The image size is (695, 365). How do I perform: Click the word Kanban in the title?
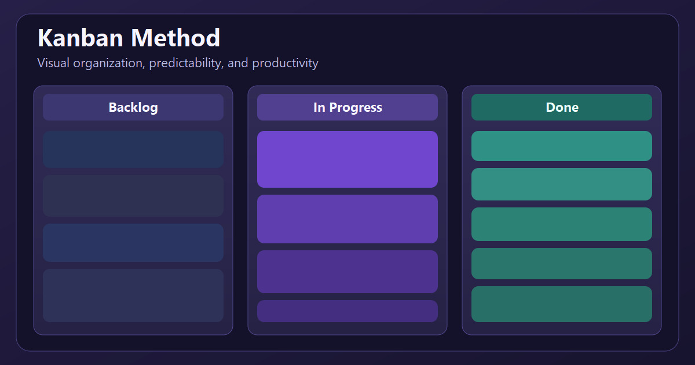pos(81,38)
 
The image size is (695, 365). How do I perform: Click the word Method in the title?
pos(175,38)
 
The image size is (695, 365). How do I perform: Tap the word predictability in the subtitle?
pos(186,63)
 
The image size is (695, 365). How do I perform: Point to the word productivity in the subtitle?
pos(285,63)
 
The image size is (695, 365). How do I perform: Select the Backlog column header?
pos(133,107)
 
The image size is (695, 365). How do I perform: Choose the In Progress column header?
pos(348,107)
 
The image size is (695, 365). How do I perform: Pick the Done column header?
pos(562,107)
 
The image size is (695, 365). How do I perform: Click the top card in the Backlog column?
pos(133,149)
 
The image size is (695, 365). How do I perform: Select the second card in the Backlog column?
pos(133,196)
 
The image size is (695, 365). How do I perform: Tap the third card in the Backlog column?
pos(133,243)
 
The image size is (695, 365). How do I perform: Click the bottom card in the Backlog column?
pos(133,295)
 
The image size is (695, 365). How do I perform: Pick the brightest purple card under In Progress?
pos(348,159)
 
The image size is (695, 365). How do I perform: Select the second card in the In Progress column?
pos(348,219)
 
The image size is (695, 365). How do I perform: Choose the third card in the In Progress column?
pos(348,272)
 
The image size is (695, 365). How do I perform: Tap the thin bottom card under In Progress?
pos(348,311)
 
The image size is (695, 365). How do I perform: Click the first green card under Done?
pos(562,146)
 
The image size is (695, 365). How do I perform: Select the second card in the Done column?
pos(562,184)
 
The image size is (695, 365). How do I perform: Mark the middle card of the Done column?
pos(562,224)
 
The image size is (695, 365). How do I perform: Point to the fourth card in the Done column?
pos(562,264)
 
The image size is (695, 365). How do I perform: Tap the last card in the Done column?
pos(562,304)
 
